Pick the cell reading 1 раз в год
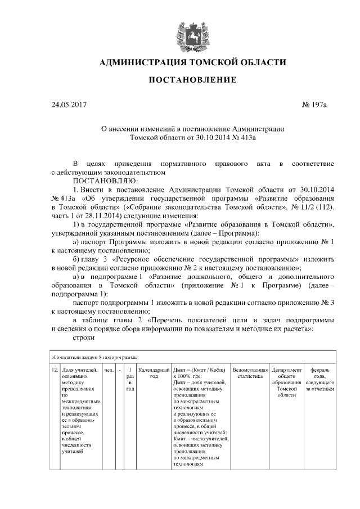tap(130, 379)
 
